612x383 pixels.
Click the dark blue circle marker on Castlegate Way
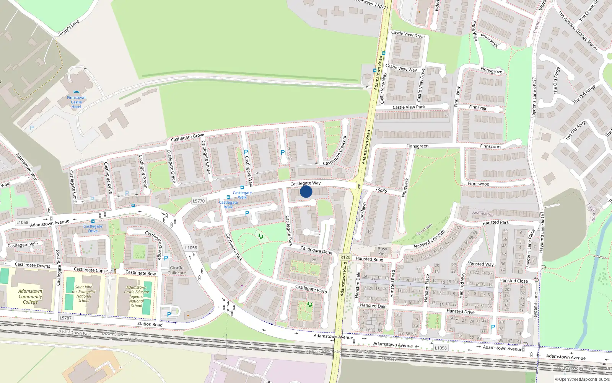point(306,192)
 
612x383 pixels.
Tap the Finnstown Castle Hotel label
point(76,102)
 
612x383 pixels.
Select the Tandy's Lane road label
point(68,28)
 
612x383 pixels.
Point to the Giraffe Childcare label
point(177,270)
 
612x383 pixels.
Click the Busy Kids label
point(382,251)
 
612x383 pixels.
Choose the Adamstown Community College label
point(30,296)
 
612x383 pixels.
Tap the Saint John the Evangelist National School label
point(84,294)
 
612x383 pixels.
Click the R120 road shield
point(345,257)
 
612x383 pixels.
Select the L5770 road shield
point(199,201)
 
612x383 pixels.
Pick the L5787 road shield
point(65,318)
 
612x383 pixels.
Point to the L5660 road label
point(381,190)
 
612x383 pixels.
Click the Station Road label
point(150,324)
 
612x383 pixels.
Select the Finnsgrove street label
point(492,71)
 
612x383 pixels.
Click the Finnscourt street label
point(491,146)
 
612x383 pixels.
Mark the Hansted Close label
point(513,281)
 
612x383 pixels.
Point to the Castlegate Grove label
point(187,137)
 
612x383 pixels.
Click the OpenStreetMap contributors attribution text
point(583,379)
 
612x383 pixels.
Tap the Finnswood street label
point(479,184)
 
